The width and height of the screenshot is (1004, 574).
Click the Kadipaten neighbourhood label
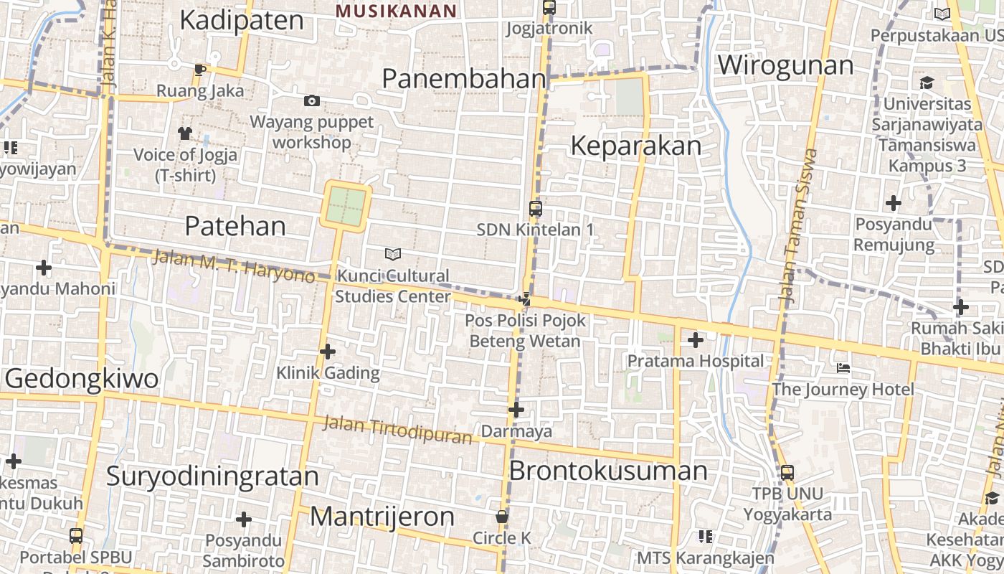click(x=242, y=20)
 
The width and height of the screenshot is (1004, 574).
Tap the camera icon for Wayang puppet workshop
click(x=312, y=100)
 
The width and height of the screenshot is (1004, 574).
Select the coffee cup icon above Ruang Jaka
click(x=199, y=70)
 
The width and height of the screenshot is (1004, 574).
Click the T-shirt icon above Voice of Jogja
click(x=185, y=133)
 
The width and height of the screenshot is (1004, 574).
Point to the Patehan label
click(x=235, y=226)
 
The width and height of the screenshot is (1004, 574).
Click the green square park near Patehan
click(x=347, y=205)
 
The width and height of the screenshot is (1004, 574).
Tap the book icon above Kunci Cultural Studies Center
click(x=392, y=254)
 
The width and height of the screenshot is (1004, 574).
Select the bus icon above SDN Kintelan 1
click(x=535, y=209)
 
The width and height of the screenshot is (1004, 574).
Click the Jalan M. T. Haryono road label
click(x=233, y=265)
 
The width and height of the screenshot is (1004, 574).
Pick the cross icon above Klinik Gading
click(x=328, y=352)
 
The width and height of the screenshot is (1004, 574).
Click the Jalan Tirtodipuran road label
click(x=397, y=428)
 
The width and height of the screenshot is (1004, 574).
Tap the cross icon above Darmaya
click(x=516, y=410)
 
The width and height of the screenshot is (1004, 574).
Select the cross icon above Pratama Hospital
click(x=695, y=339)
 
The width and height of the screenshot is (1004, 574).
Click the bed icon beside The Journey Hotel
click(x=843, y=368)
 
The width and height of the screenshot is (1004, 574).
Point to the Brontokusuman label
click(x=608, y=471)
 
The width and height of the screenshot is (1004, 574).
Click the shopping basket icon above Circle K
click(x=501, y=517)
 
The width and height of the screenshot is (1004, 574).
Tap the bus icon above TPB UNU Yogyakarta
click(x=787, y=473)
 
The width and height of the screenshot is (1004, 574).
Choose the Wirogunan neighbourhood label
click(x=785, y=65)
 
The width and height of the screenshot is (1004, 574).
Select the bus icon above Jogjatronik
click(x=549, y=8)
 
